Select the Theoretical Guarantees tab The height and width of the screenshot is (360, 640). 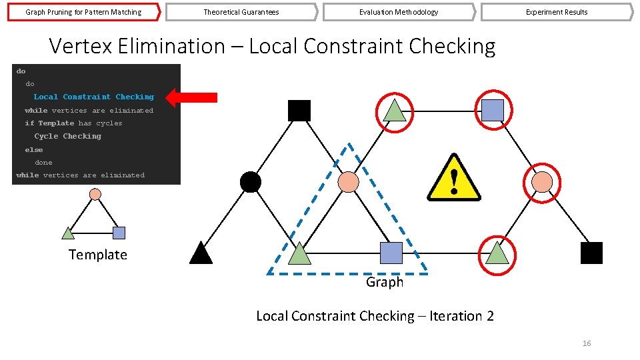click(241, 12)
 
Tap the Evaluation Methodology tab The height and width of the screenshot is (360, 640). click(399, 12)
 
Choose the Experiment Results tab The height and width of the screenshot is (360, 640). click(557, 12)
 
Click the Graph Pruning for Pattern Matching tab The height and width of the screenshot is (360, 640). click(83, 12)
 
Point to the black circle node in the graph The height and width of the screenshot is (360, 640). click(250, 181)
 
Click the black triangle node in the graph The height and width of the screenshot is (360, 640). click(201, 253)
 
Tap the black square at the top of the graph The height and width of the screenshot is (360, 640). click(299, 111)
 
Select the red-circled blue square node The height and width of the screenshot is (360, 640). click(492, 110)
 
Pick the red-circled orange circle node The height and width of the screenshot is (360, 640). click(541, 181)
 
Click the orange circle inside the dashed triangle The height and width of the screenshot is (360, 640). click(348, 181)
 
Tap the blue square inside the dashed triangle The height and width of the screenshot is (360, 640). click(391, 253)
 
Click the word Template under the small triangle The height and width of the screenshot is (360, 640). click(97, 255)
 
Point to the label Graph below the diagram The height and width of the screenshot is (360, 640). click(384, 282)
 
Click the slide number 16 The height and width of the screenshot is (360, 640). click(587, 343)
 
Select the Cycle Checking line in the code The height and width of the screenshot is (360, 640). click(68, 136)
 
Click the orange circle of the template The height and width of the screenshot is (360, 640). click(95, 194)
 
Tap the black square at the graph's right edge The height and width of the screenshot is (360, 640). click(591, 253)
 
